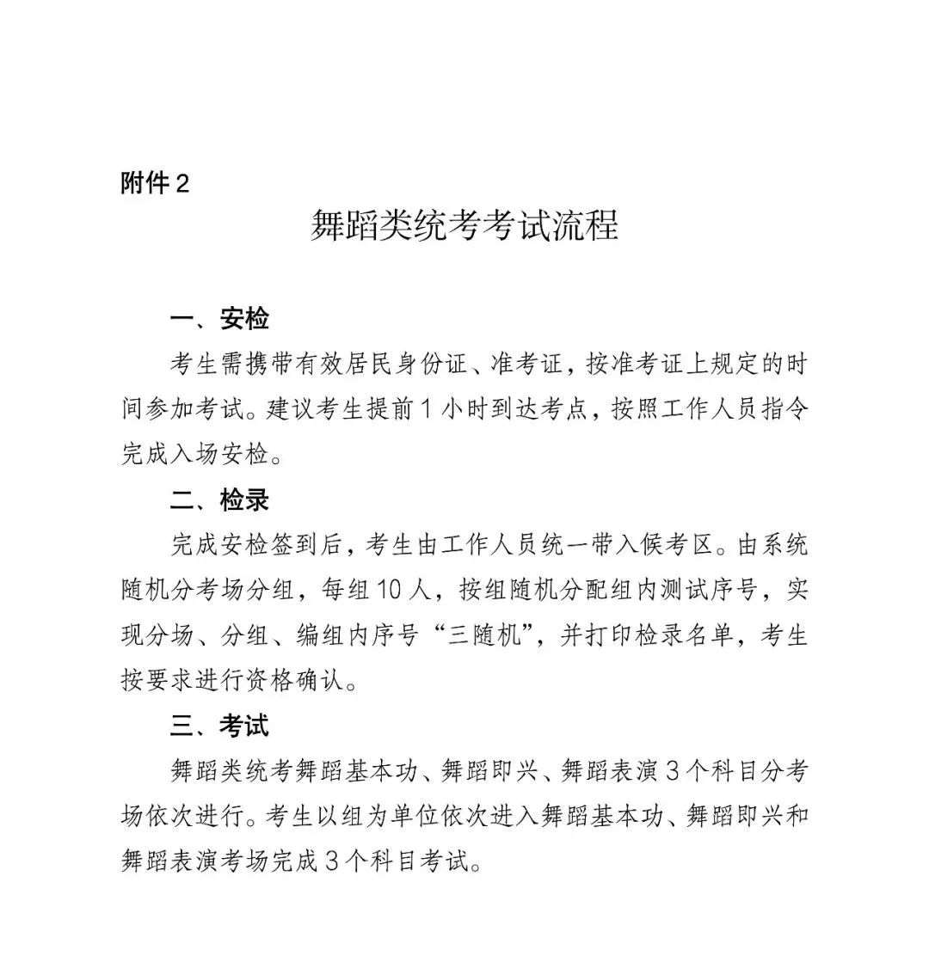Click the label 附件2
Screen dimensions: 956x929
click(155, 183)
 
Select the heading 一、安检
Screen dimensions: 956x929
click(219, 319)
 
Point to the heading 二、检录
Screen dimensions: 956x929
click(219, 499)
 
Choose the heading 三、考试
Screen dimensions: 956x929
click(219, 725)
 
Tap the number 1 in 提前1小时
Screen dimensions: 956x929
click(425, 409)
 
